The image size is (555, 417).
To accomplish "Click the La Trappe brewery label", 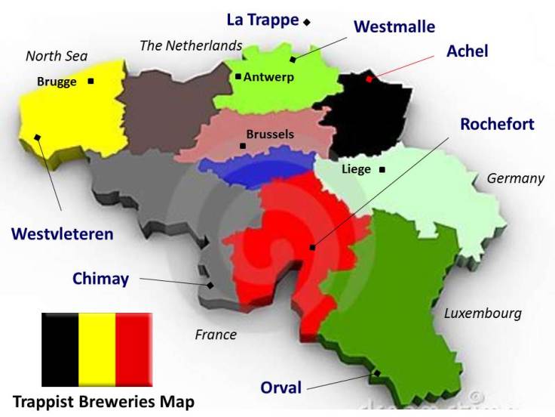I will pos(263,20).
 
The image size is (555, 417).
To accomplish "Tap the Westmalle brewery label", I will pos(394,26).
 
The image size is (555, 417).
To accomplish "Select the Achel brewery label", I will pos(468,51).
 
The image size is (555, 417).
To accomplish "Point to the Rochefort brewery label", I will pos(497,123).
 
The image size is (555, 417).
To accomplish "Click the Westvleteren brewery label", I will pos(63,233).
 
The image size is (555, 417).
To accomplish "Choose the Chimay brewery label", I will pos(100,278).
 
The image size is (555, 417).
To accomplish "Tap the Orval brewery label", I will pos(281,388).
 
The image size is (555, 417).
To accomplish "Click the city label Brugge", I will pos(57,82).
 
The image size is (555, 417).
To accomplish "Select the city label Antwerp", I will pos(268,76).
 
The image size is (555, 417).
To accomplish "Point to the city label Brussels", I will pos(270,134).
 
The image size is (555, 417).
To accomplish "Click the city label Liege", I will pos(356,169).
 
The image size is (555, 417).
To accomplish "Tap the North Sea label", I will pos(57,56).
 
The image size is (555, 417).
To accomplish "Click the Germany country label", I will pos(515,179).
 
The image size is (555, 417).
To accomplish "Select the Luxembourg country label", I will pos(483,314).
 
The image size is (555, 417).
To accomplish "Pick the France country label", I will pos(216,335).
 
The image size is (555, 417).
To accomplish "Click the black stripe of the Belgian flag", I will pos(60,350).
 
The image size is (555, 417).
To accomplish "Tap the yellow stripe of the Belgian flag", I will pos(97,350).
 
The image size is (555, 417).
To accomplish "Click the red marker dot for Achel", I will pos(369,79).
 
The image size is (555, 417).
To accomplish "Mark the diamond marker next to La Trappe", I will pos(307,22).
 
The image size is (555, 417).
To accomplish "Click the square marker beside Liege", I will pos(382,169).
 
